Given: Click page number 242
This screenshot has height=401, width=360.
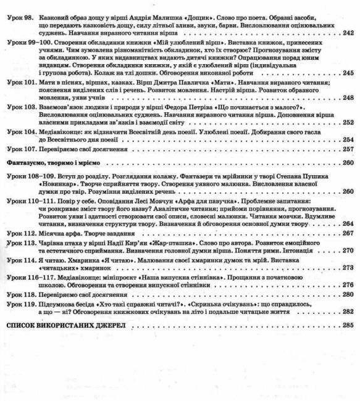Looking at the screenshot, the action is (347, 33).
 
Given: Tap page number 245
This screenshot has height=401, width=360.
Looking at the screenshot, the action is (347, 73).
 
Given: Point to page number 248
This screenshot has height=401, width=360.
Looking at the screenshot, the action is (347, 97).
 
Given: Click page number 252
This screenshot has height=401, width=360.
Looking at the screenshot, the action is (347, 123).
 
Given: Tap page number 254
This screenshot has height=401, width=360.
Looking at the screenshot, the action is (347, 139).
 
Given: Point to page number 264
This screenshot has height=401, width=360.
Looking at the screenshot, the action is (347, 223).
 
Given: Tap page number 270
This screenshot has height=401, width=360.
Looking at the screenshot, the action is (347, 250).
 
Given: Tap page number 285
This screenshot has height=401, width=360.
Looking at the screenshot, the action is (347, 325).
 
